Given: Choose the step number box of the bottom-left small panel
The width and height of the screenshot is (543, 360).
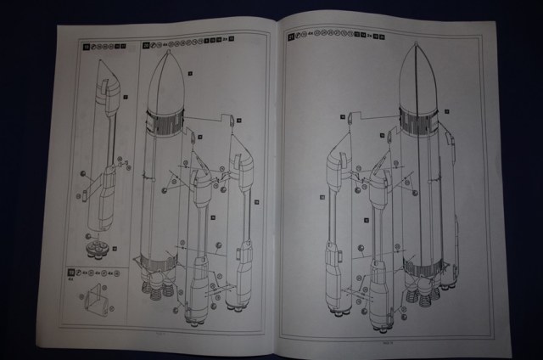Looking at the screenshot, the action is pos(71,273).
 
